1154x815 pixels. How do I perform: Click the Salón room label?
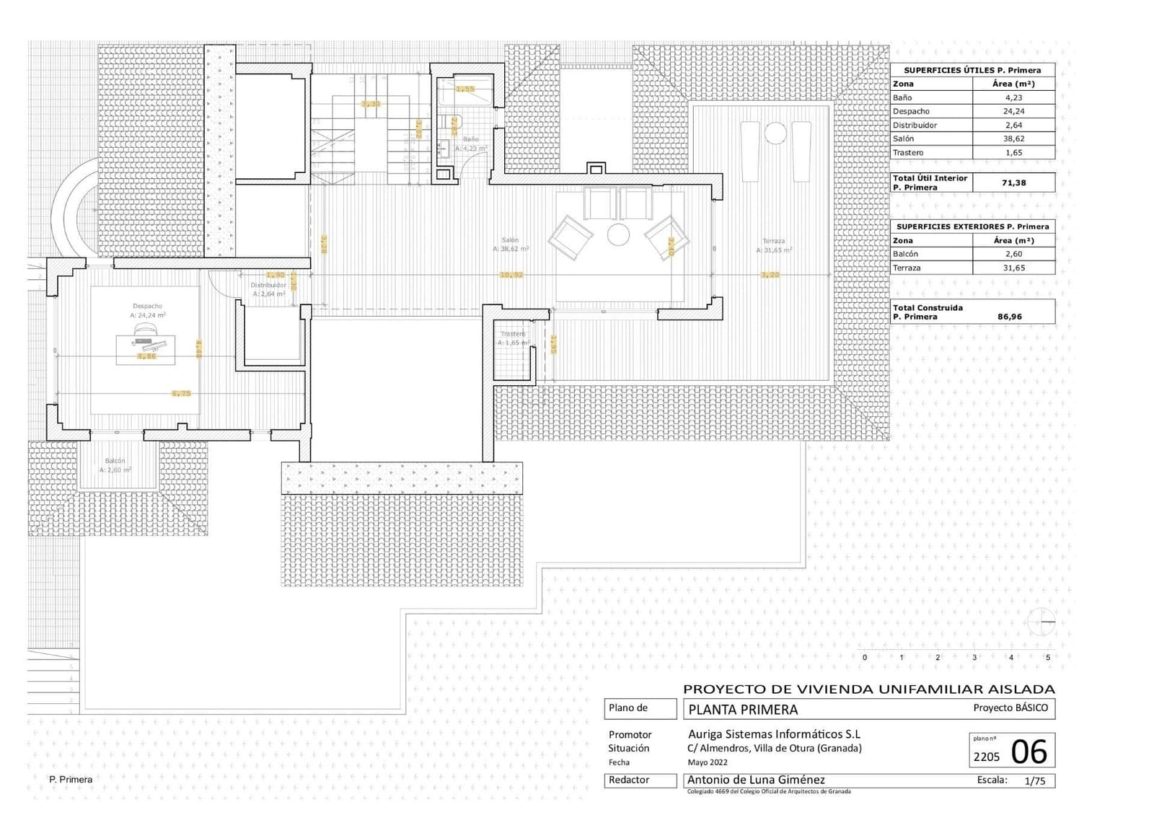coord(511,241)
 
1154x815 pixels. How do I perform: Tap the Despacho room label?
coord(148,307)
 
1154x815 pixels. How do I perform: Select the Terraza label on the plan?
coord(774,242)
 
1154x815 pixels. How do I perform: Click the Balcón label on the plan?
coord(115,461)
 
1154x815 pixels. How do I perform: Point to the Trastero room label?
coord(513,334)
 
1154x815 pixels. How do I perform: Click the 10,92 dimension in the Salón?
coord(511,275)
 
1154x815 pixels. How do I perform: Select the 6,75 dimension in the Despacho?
coord(181,394)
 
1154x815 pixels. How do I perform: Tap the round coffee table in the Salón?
coord(618,234)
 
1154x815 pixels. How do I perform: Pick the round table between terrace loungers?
coord(775,133)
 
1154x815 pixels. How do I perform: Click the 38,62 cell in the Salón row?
coord(1013,138)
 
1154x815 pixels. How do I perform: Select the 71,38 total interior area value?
coord(1013,182)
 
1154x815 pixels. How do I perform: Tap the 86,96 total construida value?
coord(1009,317)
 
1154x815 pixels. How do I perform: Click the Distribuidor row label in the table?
coord(915,125)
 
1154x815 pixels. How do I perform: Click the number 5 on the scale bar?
coord(1047,657)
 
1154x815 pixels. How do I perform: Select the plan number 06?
coord(1029,752)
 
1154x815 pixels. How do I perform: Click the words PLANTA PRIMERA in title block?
coord(743,710)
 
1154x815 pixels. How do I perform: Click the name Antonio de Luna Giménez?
coord(756,780)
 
